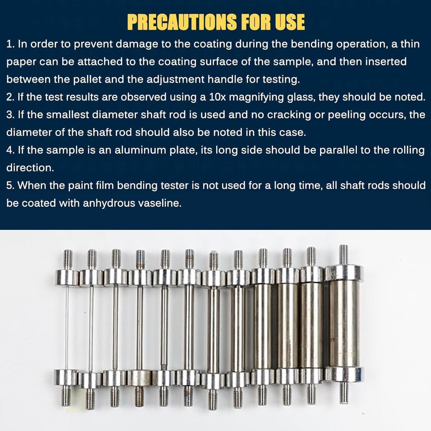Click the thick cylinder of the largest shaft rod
point(343,324)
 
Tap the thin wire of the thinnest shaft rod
point(66,328)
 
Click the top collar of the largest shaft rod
point(343,273)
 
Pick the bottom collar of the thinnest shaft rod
point(66,377)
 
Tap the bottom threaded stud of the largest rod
point(344,393)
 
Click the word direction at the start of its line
point(30,168)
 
